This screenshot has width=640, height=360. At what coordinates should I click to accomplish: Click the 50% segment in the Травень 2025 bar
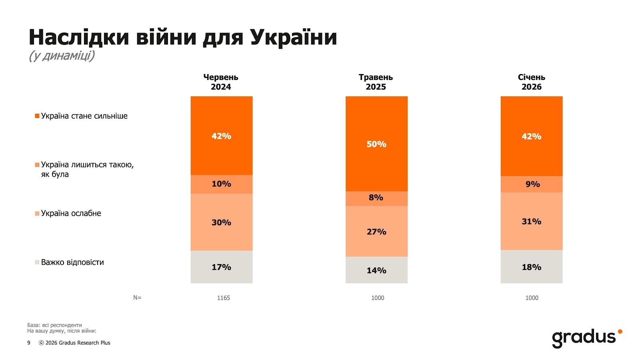(x=376, y=144)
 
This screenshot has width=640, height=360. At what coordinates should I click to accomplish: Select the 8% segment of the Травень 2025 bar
(x=376, y=198)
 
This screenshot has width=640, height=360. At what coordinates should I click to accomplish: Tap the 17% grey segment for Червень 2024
(x=221, y=267)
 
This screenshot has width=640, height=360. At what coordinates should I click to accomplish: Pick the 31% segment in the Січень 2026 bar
(x=531, y=221)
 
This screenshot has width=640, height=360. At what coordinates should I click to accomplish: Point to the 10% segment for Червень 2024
(x=221, y=184)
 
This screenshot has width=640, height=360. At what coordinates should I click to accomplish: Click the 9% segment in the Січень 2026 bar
(x=531, y=184)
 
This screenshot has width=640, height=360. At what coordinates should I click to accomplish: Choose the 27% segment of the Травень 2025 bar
(x=376, y=232)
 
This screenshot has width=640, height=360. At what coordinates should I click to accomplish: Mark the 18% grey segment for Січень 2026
(x=531, y=267)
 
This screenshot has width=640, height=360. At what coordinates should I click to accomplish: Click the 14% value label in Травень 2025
(x=376, y=270)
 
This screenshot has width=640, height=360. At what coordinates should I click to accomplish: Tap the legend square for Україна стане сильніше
(x=37, y=116)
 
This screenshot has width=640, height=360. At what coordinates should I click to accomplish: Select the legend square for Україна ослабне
(x=37, y=214)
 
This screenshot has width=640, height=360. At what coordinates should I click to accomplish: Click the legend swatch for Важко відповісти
(x=37, y=262)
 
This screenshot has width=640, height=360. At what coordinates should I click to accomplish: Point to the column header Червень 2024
(x=221, y=82)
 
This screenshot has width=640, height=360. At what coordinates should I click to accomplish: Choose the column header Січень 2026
(x=531, y=82)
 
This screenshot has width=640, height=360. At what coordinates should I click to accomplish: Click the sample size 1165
(x=224, y=298)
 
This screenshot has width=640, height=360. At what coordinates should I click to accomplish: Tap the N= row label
(x=137, y=298)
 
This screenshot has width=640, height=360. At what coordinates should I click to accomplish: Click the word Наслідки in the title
(x=79, y=37)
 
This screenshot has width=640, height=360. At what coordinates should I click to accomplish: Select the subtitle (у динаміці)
(x=62, y=56)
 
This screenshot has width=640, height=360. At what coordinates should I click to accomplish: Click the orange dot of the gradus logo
(x=620, y=332)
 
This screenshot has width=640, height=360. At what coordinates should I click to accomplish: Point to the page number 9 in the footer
(x=29, y=343)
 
